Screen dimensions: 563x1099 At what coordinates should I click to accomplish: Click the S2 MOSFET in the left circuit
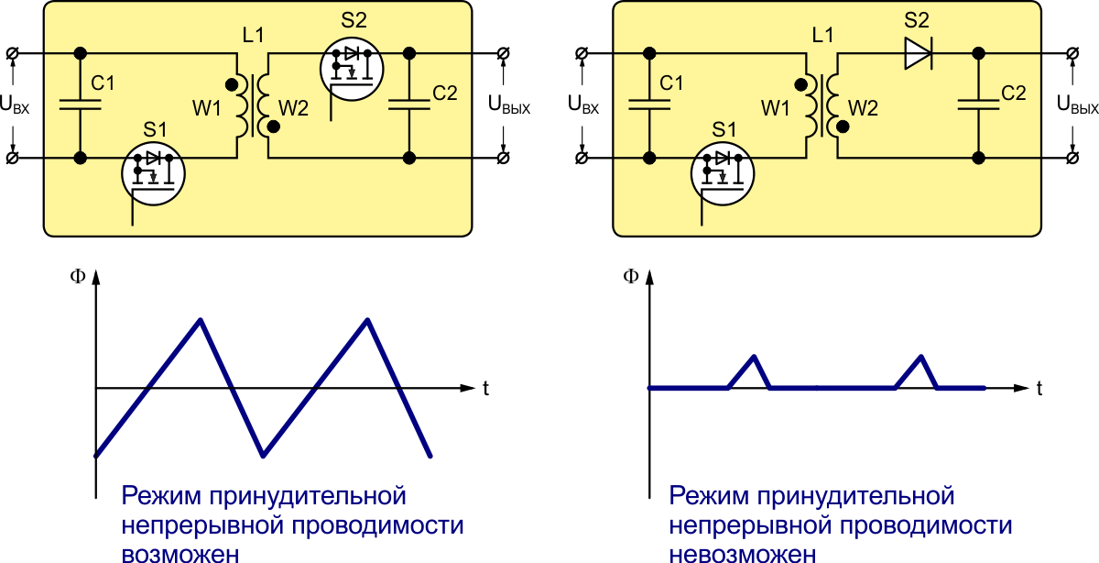352,66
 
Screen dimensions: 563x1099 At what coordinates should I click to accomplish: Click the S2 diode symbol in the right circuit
917,54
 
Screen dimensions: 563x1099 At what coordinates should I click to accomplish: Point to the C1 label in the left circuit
103,83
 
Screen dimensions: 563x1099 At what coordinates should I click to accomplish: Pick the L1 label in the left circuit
254,36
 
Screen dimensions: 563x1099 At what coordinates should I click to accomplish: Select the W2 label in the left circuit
293,108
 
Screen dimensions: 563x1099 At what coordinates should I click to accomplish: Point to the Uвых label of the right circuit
1077,105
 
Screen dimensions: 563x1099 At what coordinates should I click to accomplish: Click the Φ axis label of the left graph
79,276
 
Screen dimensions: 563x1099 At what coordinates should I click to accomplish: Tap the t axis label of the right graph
1040,389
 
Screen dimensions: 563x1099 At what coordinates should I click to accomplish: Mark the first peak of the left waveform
200,319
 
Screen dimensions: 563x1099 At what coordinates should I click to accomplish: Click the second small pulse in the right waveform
920,357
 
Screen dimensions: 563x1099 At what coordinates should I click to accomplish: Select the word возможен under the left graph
180,553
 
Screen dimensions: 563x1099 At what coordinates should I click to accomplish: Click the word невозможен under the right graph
741,553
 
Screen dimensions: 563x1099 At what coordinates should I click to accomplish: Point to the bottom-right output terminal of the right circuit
1072,159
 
